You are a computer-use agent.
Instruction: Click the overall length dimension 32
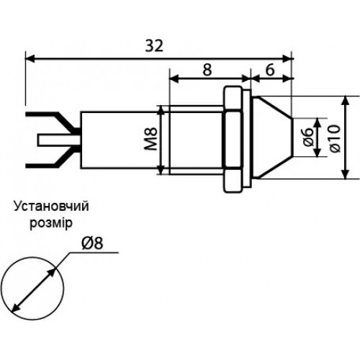pos(154,45)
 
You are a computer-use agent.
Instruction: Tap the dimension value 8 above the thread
pos(207,70)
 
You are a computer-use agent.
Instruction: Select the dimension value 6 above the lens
pos(270,70)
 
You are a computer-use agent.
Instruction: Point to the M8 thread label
pos(151,139)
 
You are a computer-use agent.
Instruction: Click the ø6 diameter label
pos(308,138)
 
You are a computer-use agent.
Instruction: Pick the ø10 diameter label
pos(335,138)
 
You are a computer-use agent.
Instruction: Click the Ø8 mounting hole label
pos(92,243)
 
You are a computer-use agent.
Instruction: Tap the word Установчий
pos(51,206)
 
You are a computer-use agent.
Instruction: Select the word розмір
pos(51,223)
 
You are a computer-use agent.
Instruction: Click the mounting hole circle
pos(32,257)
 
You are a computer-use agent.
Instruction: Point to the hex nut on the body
pos(232,139)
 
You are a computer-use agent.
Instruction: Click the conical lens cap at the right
pos(273,138)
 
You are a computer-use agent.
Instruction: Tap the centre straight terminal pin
pos(59,140)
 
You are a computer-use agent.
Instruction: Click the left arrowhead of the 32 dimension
pos(30,58)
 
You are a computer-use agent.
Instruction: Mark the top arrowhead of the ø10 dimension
pos(345,101)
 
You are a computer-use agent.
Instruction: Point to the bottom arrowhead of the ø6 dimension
pos(318,153)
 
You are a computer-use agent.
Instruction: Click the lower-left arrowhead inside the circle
pos(16,308)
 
